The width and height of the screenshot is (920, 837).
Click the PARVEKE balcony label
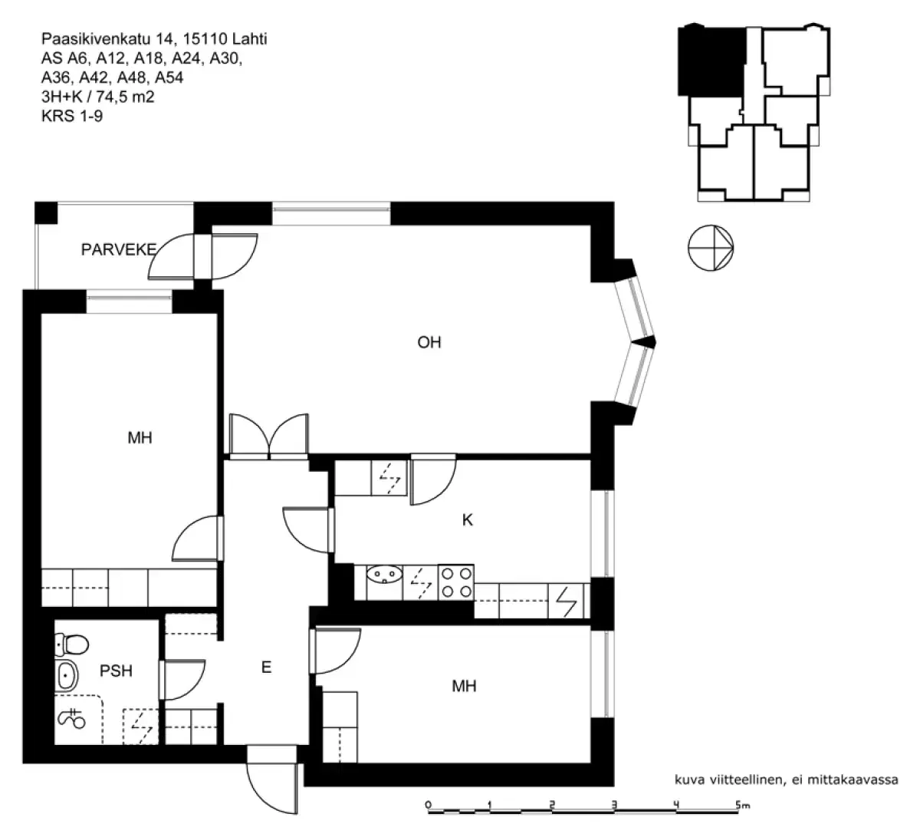(x=119, y=249)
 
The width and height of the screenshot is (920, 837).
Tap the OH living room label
(x=429, y=342)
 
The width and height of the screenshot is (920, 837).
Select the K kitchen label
(x=467, y=520)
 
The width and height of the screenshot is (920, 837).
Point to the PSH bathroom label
(x=116, y=671)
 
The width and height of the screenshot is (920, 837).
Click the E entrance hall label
(x=266, y=667)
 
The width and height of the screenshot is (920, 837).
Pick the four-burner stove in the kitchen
(x=455, y=582)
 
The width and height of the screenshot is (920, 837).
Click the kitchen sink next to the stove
(x=384, y=574)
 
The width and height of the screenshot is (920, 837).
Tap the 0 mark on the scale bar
(x=428, y=805)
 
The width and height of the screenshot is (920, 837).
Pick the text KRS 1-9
(x=71, y=117)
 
